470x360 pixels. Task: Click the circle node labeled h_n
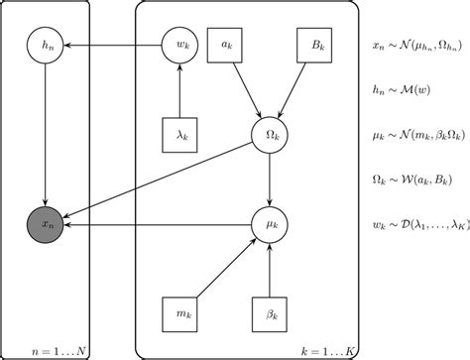point(43,45)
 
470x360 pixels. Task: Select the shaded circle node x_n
point(43,226)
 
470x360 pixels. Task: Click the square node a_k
point(225,45)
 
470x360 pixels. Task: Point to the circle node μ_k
point(270,226)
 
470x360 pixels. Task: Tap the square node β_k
point(270,316)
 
